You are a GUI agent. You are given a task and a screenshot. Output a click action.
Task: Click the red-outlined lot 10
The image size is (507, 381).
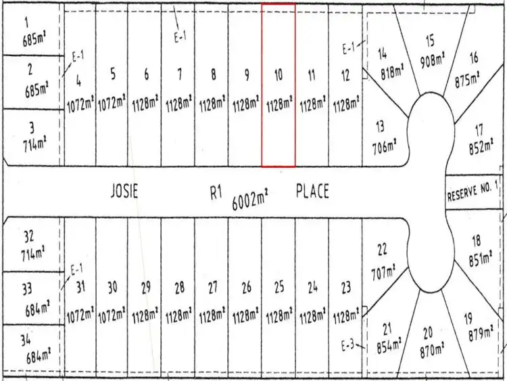point(279,85)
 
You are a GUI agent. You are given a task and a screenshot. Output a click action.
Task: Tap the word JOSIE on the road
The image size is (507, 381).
point(124,192)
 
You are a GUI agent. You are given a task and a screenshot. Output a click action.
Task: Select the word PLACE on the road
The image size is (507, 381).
point(313,192)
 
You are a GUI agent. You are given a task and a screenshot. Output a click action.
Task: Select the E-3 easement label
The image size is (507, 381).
point(349,346)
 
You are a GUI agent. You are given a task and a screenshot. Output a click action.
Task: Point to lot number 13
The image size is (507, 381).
point(380,125)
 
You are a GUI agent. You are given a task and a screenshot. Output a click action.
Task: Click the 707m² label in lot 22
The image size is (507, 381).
point(382,273)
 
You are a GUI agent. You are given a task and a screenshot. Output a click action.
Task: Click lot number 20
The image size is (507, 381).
point(428,332)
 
